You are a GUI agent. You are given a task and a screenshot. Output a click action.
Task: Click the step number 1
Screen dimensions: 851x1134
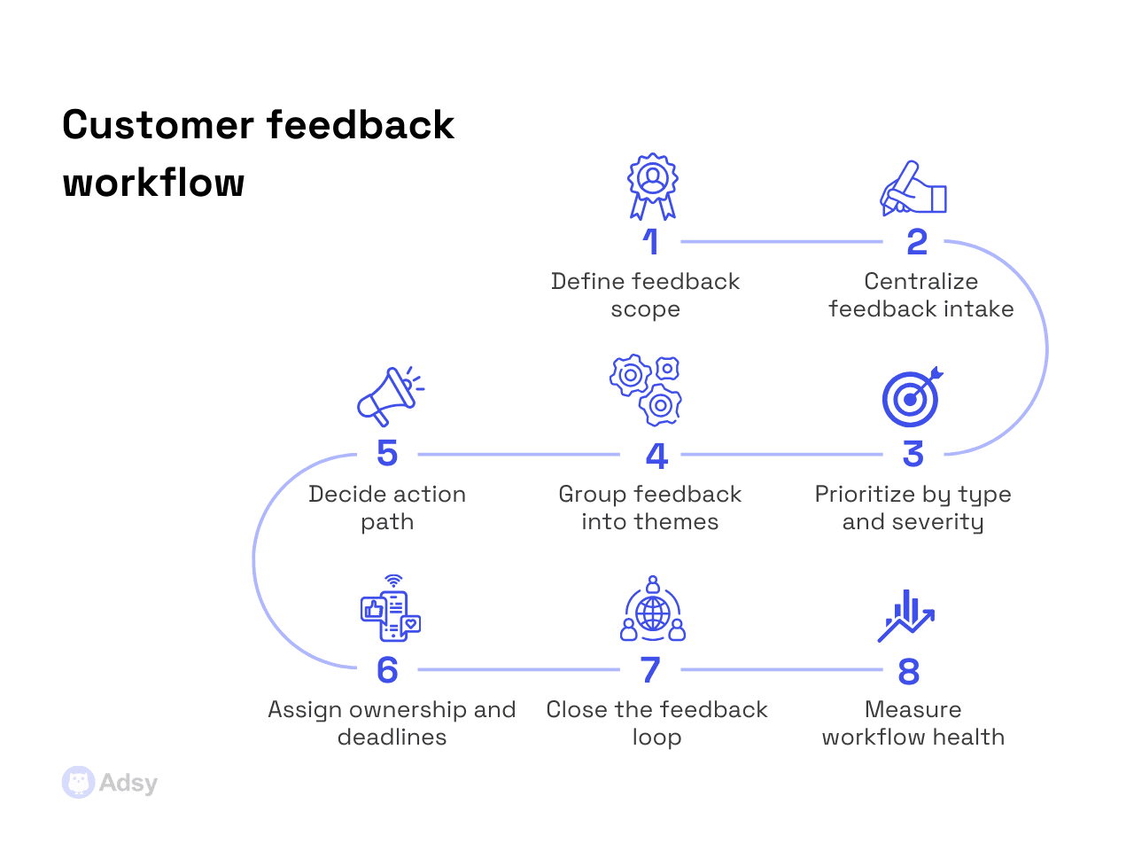click(x=651, y=242)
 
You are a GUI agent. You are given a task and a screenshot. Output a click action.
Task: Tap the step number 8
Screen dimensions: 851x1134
click(x=909, y=672)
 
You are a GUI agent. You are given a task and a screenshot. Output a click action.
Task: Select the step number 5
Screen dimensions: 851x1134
click(x=387, y=454)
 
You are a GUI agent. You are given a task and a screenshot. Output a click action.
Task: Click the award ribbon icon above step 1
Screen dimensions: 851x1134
click(x=653, y=186)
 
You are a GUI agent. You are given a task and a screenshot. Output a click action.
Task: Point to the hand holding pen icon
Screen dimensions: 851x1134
click(x=913, y=189)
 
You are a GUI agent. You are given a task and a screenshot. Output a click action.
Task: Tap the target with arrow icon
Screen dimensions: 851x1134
click(x=912, y=397)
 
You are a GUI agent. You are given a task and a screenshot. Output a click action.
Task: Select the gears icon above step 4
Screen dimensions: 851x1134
click(x=647, y=390)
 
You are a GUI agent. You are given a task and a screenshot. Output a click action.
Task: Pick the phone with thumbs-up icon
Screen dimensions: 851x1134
click(x=391, y=609)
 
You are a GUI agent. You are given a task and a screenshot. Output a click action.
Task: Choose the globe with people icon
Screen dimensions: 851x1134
click(x=653, y=610)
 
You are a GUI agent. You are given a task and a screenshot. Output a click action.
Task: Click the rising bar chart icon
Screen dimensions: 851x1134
click(x=906, y=615)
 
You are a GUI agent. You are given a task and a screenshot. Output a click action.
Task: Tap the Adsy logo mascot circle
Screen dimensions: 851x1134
click(x=78, y=783)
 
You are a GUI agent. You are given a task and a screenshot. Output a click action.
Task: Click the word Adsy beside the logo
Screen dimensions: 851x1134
click(x=128, y=783)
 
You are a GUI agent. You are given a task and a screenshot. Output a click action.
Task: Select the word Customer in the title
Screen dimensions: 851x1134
click(x=158, y=125)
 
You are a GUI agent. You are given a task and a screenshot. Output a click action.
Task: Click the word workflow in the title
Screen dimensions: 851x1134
click(x=154, y=183)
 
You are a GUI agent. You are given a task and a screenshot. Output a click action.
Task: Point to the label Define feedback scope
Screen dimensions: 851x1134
click(x=645, y=295)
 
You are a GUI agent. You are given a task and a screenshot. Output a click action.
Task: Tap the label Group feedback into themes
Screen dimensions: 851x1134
click(x=650, y=508)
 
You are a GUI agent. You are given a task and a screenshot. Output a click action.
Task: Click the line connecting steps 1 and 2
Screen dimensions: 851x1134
click(x=781, y=242)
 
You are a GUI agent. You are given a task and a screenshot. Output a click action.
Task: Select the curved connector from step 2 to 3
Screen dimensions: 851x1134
click(x=1046, y=348)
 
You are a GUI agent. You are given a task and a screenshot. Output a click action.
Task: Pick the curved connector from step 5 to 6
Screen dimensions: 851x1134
click(x=254, y=561)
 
